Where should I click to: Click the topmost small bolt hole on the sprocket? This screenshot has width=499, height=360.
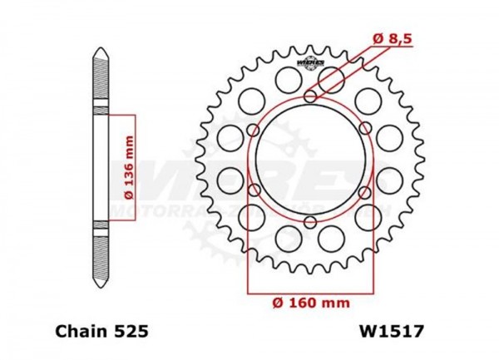point(310,98)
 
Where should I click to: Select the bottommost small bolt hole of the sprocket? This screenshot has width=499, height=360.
point(310,222)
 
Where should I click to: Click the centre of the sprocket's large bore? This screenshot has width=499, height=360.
point(310,160)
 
